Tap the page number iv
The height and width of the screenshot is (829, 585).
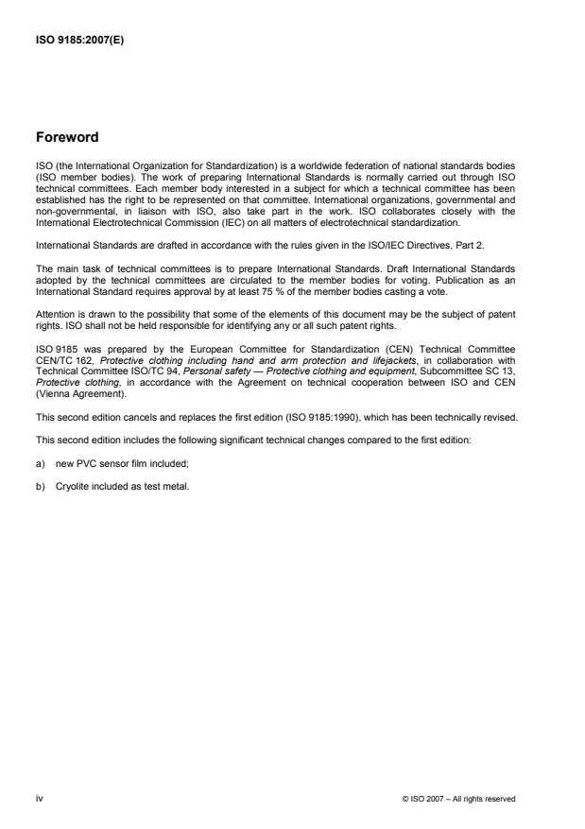coord(38,798)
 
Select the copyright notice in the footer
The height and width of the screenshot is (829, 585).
coord(458,799)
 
